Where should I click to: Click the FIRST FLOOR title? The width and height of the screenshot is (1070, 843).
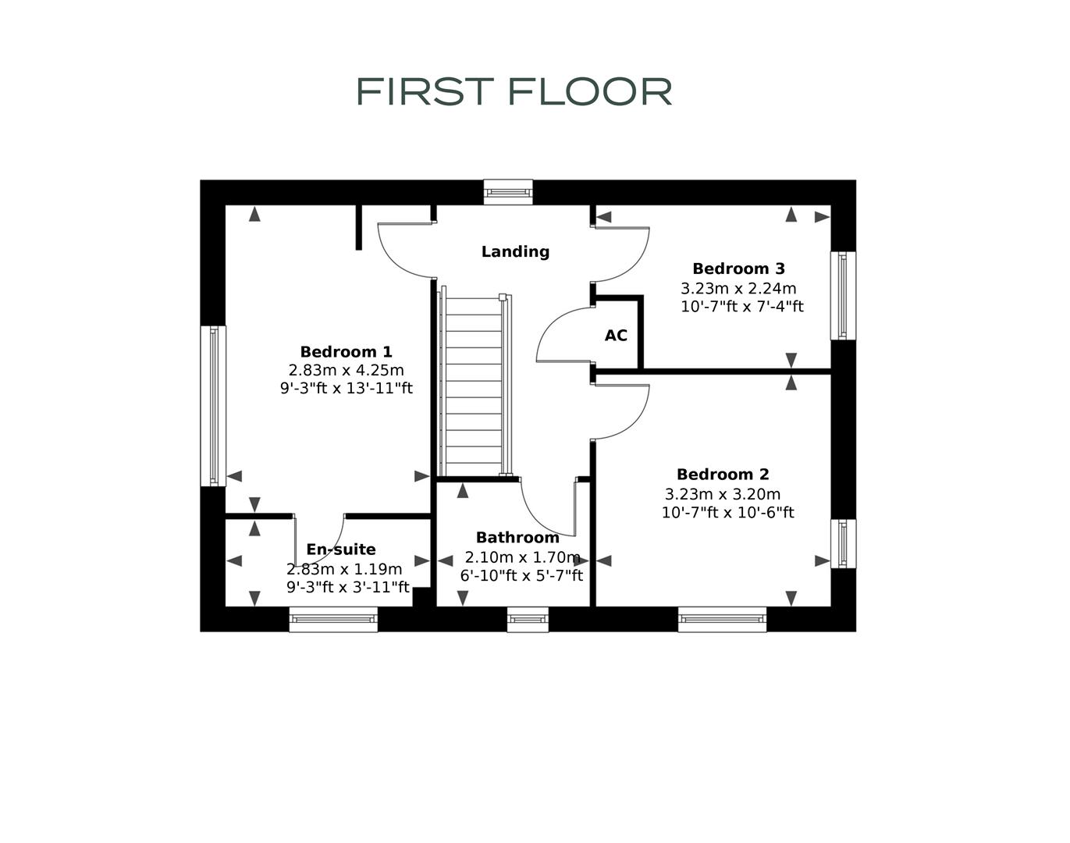[514, 91]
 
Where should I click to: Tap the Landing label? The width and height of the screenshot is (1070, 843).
[515, 251]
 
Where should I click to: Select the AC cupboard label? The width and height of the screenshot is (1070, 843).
[616, 336]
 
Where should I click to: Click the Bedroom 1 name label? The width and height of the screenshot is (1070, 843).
[346, 351]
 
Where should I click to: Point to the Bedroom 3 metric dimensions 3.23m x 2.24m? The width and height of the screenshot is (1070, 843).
[738, 288]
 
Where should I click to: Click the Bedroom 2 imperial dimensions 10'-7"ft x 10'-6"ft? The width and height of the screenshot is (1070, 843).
[727, 513]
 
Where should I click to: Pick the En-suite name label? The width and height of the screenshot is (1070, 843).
[341, 550]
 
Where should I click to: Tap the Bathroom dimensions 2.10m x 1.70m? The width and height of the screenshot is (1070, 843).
[522, 557]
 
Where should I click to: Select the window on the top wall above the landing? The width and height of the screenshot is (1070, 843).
[508, 192]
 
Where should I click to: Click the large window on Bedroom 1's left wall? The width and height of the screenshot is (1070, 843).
[213, 406]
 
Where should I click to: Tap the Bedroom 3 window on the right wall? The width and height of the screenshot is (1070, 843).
[843, 295]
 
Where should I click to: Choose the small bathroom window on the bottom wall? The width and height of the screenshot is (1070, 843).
[528, 619]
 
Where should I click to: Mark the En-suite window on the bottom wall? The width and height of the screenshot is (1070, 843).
[333, 619]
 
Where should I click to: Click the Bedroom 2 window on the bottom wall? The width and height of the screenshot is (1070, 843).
[722, 619]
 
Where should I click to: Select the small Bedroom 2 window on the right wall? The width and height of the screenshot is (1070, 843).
[843, 543]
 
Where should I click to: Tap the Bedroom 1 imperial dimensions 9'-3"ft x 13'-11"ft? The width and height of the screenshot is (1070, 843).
[346, 388]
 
